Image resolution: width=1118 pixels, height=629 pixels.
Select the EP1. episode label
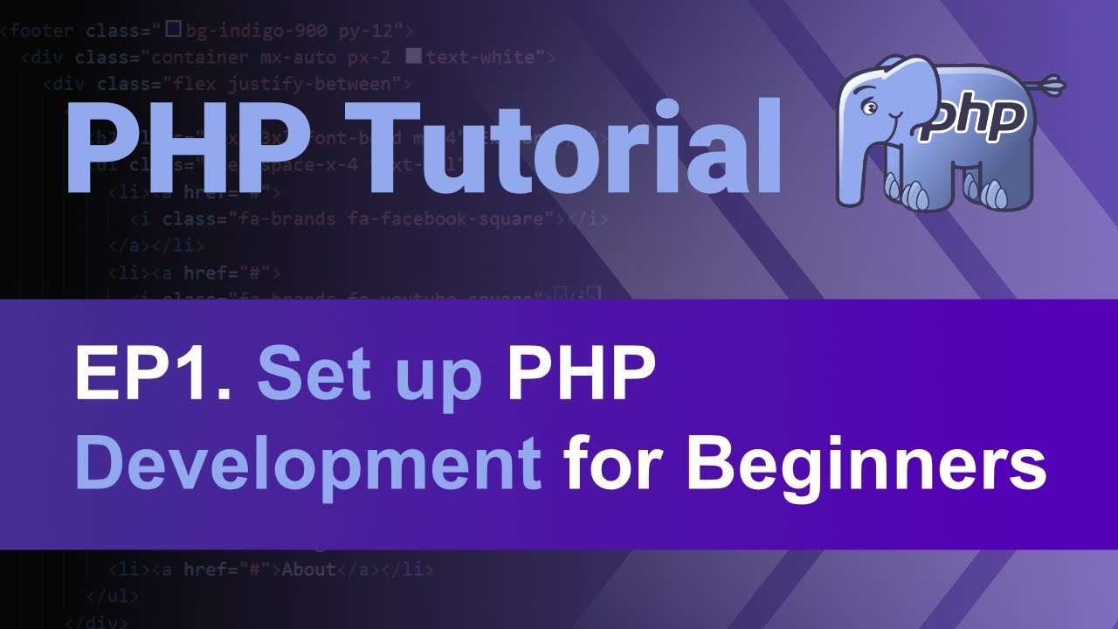pos(153,373)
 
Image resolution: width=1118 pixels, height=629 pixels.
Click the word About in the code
pos(308,570)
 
